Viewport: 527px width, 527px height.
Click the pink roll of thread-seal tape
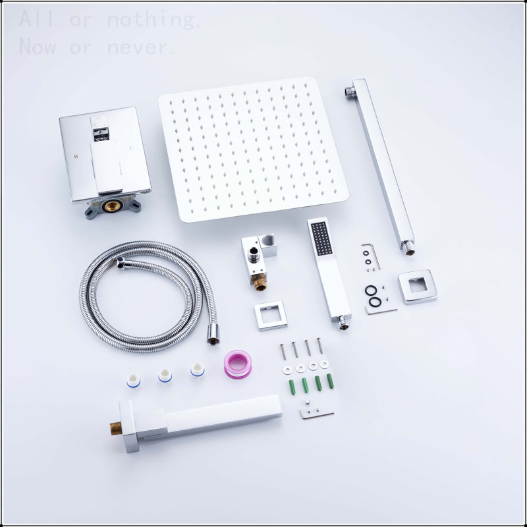(238, 364)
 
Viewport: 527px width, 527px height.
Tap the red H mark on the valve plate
(76, 156)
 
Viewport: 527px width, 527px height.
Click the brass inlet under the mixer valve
(112, 206)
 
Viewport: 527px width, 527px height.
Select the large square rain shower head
(254, 150)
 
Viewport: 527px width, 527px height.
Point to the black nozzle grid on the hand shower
(321, 238)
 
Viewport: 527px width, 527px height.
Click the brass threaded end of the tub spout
(116, 429)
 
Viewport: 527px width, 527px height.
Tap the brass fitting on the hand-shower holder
(260, 282)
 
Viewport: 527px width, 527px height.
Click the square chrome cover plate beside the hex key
(418, 287)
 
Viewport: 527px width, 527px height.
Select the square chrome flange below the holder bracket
(271, 316)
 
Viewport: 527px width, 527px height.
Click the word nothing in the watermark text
(153, 20)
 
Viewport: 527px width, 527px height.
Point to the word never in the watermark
(141, 47)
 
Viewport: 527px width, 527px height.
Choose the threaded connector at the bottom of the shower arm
(408, 248)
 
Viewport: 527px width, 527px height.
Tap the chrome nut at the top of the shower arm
(350, 92)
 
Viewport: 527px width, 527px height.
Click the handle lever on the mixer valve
(106, 167)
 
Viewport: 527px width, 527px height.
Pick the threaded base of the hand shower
(343, 323)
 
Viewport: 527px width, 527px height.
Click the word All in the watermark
(36, 19)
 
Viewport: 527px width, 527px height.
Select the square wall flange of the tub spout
(129, 427)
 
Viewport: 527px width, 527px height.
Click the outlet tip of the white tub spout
(277, 406)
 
